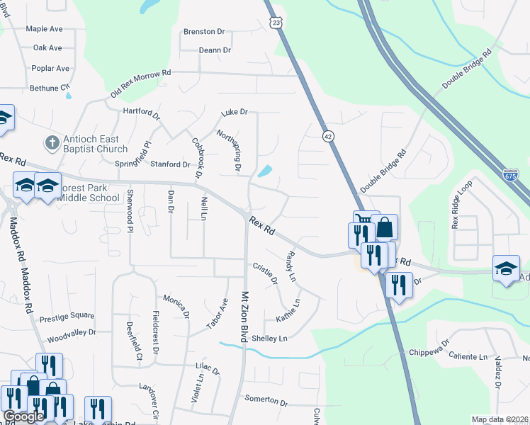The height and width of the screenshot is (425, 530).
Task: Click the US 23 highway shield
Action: pos(276,23)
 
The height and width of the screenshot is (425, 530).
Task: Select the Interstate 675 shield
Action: pos(510,174)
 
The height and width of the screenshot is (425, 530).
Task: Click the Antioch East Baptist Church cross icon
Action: pos(51,144)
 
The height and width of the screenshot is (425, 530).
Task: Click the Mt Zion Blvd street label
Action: pos(245,317)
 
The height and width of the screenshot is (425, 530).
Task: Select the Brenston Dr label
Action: pos(203,32)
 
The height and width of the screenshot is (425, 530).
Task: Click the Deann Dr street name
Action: pos(215,50)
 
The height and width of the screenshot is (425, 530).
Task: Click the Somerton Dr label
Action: pos(266,400)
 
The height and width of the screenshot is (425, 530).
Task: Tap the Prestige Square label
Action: pos(67,316)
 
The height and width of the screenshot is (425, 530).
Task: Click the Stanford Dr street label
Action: pos(171,164)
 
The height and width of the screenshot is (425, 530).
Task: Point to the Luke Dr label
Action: pos(235,112)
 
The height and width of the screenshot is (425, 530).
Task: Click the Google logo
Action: pos(23,416)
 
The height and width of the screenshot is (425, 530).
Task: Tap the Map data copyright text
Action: pos(500,419)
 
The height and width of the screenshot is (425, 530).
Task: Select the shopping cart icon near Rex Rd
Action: pos(363,220)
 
